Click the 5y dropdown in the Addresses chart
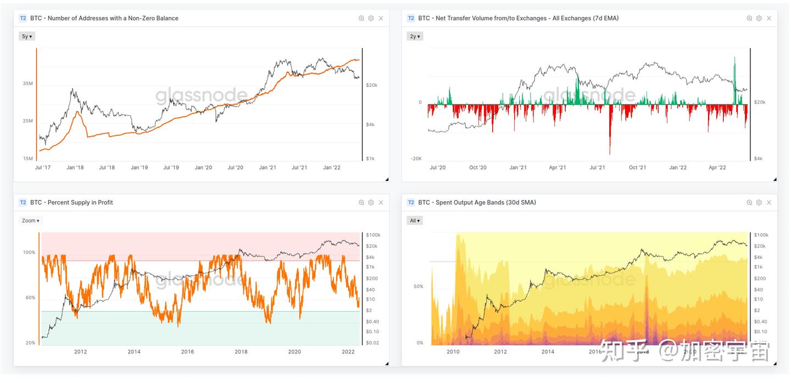[x=27, y=36]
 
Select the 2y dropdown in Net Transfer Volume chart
[x=415, y=36]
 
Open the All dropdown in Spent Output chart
[x=415, y=220]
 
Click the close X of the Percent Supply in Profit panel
[x=381, y=203]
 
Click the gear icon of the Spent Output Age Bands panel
[x=759, y=203]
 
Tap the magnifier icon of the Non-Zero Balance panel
[x=361, y=18]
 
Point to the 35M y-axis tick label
[x=27, y=84]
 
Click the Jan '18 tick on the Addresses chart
[x=75, y=168]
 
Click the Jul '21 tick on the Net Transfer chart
[x=597, y=168]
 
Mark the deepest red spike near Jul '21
[x=610, y=153]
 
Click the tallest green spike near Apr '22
[x=734, y=58]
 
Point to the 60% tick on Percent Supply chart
[x=29, y=297]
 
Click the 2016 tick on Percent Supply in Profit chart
[x=187, y=352]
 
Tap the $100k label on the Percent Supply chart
[x=374, y=235]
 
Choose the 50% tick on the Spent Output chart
[x=418, y=286]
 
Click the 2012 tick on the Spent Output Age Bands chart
[x=500, y=352]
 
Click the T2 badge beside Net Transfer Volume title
[x=411, y=18]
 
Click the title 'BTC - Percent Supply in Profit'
[x=71, y=203]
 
